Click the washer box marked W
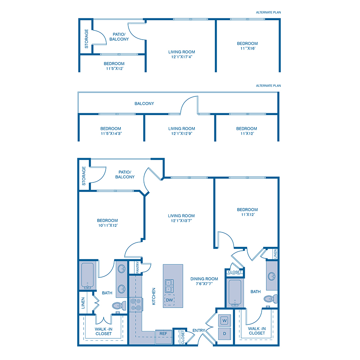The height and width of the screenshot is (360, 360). coord(224,320)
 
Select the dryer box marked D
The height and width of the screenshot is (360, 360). coord(224,334)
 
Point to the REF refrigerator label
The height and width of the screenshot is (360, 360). coord(163,333)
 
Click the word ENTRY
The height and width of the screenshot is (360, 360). coord(199,330)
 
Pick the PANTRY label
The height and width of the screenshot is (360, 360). coord(137,268)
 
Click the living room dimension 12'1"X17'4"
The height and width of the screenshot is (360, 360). coord(182,56)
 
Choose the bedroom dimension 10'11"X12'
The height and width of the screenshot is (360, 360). coord(107,226)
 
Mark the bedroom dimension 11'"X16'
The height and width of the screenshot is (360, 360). coord(247,48)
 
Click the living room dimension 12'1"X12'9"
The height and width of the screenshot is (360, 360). coord(181,134)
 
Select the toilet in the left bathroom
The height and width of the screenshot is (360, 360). coord(120,306)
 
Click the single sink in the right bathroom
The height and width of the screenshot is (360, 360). coord(272,276)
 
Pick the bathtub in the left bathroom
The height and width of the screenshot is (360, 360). coord(87,276)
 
